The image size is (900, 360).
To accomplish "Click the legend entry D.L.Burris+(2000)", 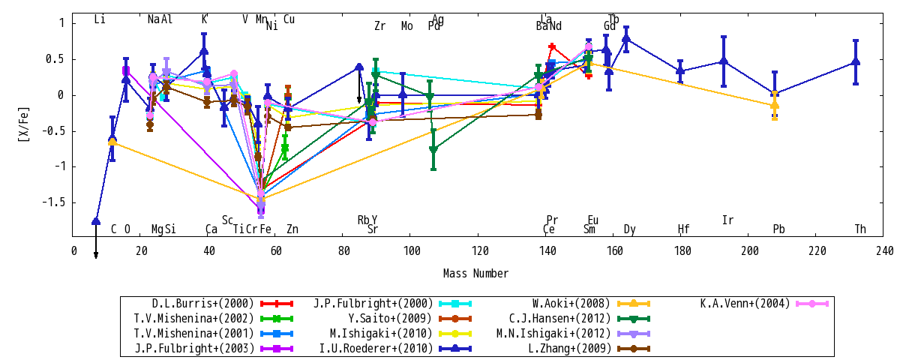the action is [x=203, y=304].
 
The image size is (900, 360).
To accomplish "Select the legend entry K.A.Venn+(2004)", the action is [x=745, y=304].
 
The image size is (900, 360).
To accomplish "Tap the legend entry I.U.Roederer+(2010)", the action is [x=376, y=348].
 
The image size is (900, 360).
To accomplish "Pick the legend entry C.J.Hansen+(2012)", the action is [x=559, y=319].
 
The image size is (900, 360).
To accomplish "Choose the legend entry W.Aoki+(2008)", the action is [x=571, y=304].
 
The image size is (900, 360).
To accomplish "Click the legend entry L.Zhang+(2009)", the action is [x=570, y=348].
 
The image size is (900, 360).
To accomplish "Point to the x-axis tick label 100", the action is [x=412, y=251].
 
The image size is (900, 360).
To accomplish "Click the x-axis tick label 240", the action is [x=885, y=251].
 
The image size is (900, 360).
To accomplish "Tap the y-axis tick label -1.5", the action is [x=53, y=202].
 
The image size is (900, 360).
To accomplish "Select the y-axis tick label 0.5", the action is [x=55, y=59].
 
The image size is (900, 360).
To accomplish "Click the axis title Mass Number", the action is [x=475, y=274].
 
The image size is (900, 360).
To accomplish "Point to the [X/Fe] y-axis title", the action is [x=23, y=124].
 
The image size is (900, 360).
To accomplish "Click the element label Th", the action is [x=860, y=229].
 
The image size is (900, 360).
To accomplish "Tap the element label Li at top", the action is [x=100, y=19].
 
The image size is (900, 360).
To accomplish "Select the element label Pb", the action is [x=778, y=229].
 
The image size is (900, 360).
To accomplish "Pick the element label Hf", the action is [x=683, y=229].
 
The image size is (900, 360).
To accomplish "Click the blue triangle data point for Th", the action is [x=856, y=61].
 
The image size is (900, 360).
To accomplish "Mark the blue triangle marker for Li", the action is [x=96, y=221].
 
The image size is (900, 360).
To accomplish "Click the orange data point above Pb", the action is [x=775, y=105].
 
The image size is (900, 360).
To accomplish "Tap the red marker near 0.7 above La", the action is [x=552, y=46].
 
